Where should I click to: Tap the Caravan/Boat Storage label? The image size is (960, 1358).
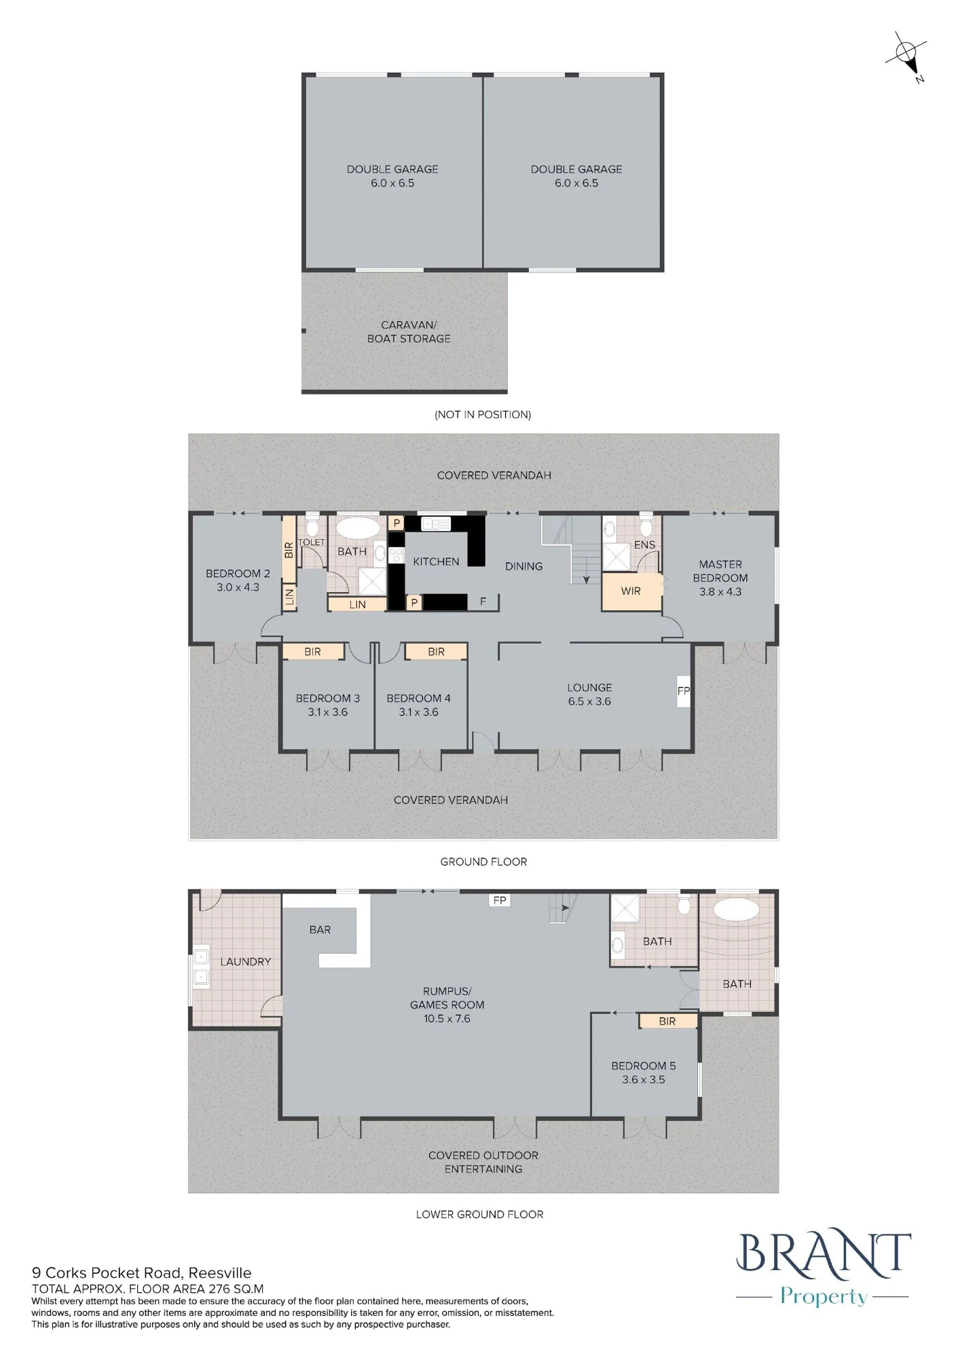(409, 331)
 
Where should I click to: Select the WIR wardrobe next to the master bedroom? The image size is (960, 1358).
(631, 591)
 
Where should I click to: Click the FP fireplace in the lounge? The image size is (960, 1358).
(684, 691)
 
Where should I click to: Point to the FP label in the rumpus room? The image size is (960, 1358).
(500, 900)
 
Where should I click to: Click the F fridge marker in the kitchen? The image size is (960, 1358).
(483, 602)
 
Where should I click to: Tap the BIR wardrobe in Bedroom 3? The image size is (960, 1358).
(313, 652)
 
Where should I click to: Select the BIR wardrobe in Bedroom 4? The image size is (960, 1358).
(437, 652)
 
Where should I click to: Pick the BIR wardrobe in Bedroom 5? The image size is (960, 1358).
(667, 1021)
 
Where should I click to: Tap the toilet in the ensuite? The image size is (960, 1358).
(646, 526)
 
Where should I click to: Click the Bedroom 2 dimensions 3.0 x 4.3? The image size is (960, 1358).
(238, 587)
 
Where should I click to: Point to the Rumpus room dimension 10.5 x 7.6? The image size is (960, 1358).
(447, 1019)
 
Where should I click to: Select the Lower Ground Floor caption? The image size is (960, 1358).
(480, 1214)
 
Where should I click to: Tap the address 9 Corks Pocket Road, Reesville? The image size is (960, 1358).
(142, 1272)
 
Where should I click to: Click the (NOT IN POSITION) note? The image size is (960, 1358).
(483, 414)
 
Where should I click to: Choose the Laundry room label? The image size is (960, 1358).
(246, 961)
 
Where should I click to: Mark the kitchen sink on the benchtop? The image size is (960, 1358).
(436, 524)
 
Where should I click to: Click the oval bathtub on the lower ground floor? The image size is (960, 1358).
(737, 910)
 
